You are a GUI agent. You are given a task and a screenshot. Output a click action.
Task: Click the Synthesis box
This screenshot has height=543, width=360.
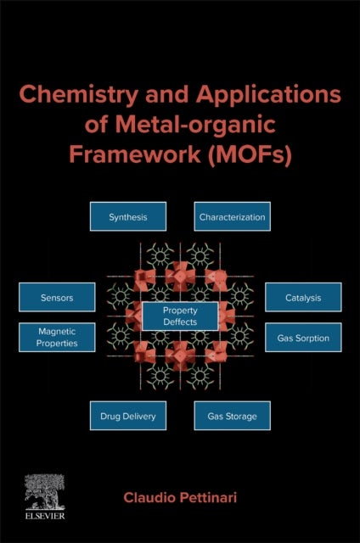pos(128,217)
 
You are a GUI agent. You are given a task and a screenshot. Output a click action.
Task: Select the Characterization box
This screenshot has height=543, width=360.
pos(232,217)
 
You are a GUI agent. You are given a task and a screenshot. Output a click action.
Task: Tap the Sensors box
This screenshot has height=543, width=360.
pos(57,298)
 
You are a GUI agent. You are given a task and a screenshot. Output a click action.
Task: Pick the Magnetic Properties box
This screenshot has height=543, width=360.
pos(57,338)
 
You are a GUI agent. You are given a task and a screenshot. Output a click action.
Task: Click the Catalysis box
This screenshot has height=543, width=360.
pos(303,298)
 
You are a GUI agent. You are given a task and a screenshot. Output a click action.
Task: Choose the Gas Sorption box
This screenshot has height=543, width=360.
pos(303,338)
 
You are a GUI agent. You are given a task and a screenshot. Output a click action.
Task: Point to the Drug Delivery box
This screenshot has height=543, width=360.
pos(128,416)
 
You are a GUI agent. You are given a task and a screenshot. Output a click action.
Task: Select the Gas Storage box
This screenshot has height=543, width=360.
pos(232,416)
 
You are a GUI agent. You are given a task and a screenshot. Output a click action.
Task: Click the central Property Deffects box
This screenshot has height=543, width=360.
pos(180,316)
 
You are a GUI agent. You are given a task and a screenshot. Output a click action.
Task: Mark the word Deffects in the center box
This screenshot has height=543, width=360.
pos(180,322)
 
